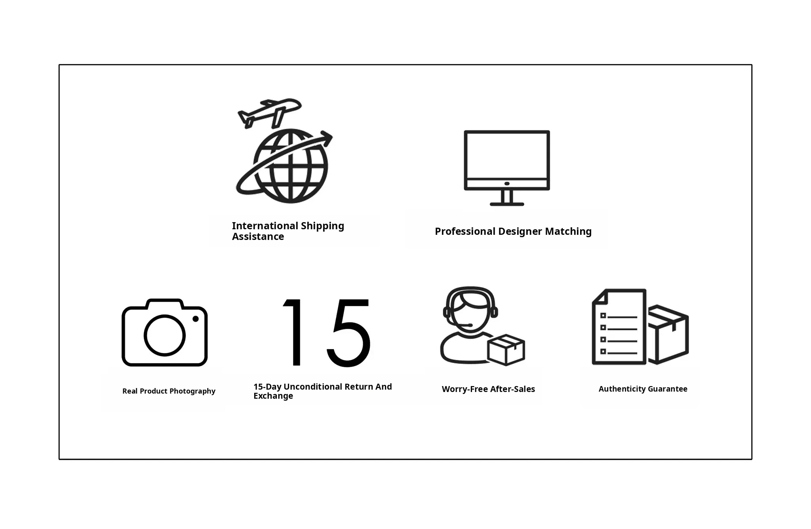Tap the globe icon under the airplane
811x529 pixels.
point(291,166)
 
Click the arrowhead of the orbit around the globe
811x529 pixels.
point(327,138)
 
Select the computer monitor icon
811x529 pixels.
point(507,168)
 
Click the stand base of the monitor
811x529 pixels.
point(507,204)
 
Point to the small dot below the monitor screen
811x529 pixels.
point(507,184)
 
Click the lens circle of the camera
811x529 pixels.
point(164,335)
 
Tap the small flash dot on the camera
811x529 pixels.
point(196,319)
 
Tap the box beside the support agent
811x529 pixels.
point(506,350)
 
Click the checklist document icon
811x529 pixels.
point(619,327)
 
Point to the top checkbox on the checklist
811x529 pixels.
point(603,316)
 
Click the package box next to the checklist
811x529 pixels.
point(668,335)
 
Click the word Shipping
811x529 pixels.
point(322,226)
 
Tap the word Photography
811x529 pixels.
point(192,391)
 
